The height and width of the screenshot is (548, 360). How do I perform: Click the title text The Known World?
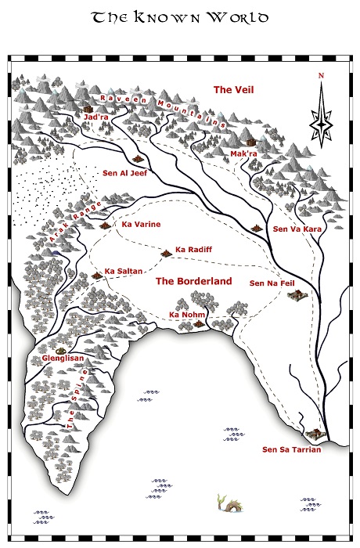[x=180, y=17]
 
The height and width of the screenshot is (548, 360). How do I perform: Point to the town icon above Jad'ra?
[x=87, y=108]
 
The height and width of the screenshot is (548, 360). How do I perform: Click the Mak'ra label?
[x=243, y=154]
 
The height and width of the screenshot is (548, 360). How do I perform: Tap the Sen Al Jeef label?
[x=125, y=173]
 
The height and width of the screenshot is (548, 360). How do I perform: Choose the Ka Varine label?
[x=142, y=224]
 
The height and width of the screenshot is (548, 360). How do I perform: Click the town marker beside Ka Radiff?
[x=165, y=253]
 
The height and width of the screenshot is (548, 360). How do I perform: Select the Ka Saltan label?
[x=124, y=271]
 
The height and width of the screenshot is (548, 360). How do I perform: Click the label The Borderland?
[x=193, y=280]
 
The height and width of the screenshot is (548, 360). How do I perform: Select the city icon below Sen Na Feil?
[x=296, y=296]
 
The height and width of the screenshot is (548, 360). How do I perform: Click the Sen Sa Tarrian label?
[x=291, y=450]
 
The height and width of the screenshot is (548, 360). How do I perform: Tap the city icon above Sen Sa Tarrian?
[x=315, y=433]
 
